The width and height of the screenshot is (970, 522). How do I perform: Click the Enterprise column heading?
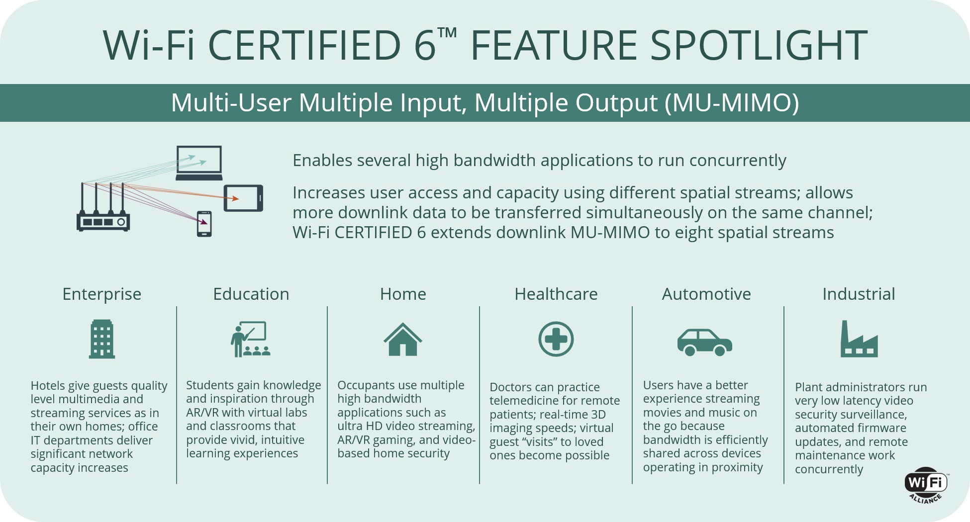click(101, 294)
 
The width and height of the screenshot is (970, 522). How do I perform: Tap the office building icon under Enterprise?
click(102, 339)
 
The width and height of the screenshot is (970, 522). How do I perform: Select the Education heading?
click(251, 294)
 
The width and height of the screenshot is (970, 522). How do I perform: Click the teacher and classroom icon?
click(251, 340)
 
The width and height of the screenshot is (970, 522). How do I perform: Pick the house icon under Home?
click(403, 340)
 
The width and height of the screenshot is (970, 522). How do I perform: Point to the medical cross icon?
click(556, 339)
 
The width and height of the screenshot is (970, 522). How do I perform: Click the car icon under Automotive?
click(705, 342)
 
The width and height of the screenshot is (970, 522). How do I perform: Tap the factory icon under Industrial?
click(859, 339)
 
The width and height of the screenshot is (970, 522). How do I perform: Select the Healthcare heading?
click(556, 294)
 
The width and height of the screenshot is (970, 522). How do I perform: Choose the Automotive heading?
click(706, 294)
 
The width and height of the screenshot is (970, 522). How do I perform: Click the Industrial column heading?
click(859, 294)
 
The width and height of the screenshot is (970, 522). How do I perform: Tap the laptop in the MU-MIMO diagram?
click(199, 163)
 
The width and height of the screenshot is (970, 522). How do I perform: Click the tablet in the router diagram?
click(243, 198)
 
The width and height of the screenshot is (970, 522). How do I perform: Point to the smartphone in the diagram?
click(204, 224)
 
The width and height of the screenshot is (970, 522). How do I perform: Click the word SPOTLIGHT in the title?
click(759, 45)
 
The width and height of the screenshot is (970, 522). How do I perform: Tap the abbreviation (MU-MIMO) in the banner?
click(732, 103)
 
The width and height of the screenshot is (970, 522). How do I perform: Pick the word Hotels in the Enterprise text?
click(48, 386)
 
